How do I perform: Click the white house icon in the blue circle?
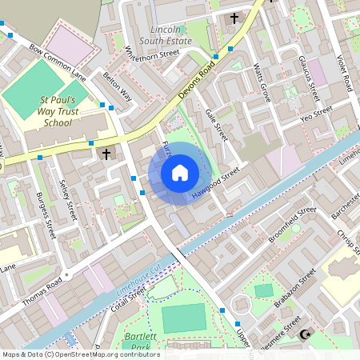[x=180, y=173]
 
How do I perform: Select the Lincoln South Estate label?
[x=166, y=33]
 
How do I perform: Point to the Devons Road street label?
[x=194, y=79]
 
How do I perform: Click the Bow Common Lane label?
[x=57, y=63]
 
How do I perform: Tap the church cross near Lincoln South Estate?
[x=234, y=18]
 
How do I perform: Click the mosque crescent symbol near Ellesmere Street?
[x=304, y=334]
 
